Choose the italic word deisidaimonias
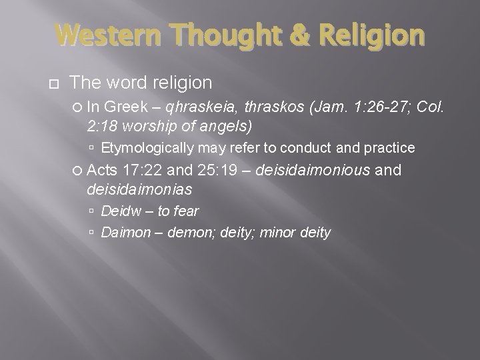(139, 189)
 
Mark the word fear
(185, 212)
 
